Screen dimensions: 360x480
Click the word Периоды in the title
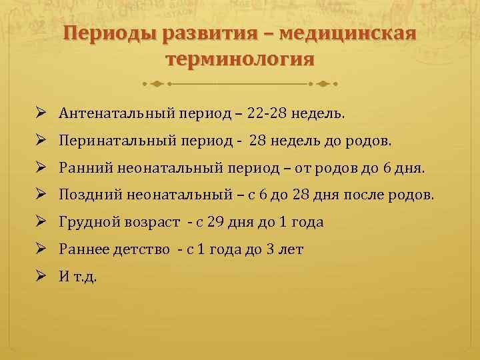point(108,33)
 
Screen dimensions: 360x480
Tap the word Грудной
point(84,223)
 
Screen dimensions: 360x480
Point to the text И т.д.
point(77,277)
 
